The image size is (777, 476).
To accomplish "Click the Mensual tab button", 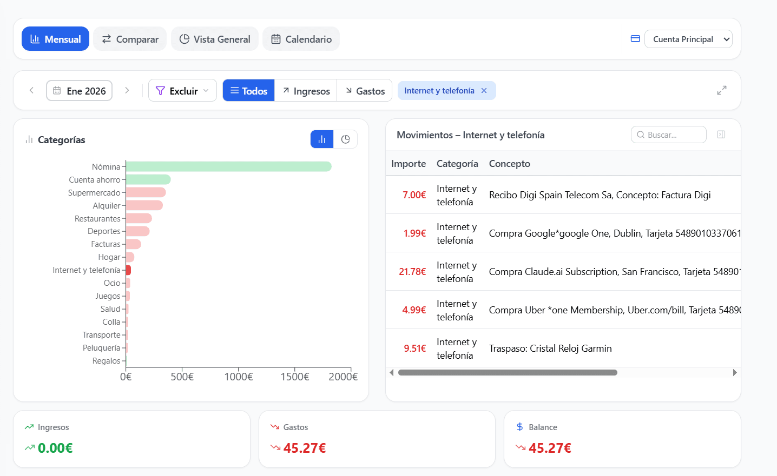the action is pyautogui.click(x=55, y=39).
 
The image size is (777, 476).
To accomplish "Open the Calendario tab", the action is pyautogui.click(x=301, y=39).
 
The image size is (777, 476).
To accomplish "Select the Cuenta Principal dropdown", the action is pyautogui.click(x=688, y=39).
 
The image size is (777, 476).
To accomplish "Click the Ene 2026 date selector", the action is pyautogui.click(x=79, y=91).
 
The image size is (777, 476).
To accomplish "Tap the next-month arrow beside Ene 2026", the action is pyautogui.click(x=127, y=90).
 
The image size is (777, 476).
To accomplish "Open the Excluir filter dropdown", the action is pyautogui.click(x=182, y=91).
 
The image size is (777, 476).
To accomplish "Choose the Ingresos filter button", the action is pyautogui.click(x=306, y=91).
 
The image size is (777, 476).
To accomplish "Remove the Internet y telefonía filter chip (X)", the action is pyautogui.click(x=484, y=90).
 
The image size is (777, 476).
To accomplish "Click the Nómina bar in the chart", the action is pyautogui.click(x=228, y=166).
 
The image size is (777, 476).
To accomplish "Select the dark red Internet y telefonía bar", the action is pyautogui.click(x=128, y=270).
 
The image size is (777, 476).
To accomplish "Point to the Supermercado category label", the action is pyautogui.click(x=94, y=193).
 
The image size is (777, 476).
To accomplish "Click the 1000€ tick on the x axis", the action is pyautogui.click(x=238, y=377).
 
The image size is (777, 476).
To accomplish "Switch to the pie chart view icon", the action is pyautogui.click(x=346, y=139).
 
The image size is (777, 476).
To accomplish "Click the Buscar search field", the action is pyautogui.click(x=668, y=135).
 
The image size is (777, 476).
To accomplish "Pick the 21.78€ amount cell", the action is pyautogui.click(x=412, y=272).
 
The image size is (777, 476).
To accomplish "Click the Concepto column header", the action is pyautogui.click(x=509, y=164).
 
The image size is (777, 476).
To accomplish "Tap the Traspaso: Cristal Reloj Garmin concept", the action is pyautogui.click(x=550, y=348).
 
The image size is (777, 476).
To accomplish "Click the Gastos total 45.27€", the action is pyautogui.click(x=305, y=448).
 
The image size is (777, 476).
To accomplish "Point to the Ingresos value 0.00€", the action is pyautogui.click(x=55, y=448).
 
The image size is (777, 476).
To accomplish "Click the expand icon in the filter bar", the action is pyautogui.click(x=721, y=90).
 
